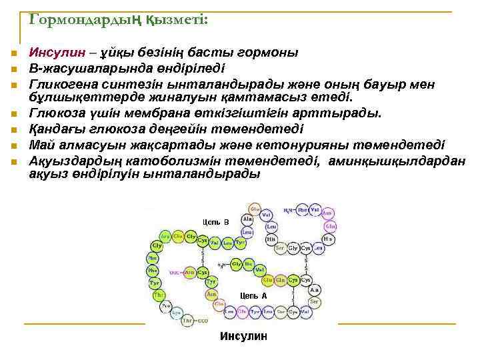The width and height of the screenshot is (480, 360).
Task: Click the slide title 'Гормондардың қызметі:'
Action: point(119,21)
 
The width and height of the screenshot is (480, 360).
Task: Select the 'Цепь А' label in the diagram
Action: point(253,295)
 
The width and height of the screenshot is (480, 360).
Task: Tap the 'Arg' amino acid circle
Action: point(165,236)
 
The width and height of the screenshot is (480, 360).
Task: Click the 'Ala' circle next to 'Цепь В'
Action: point(247,219)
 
